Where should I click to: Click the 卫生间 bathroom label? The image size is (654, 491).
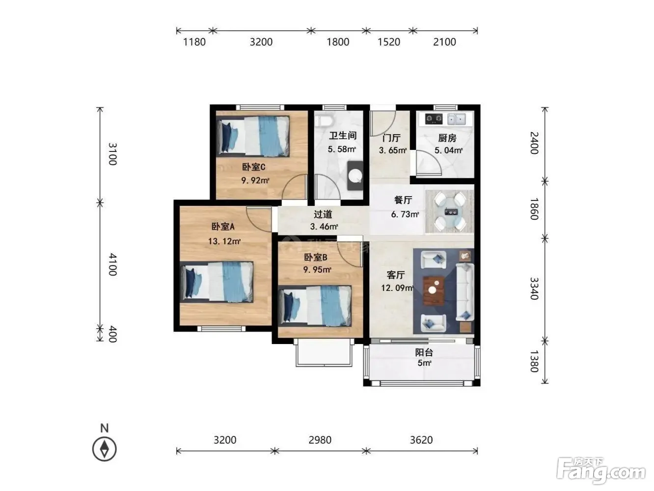point(343,136)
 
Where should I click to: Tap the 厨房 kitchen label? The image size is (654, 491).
point(447,138)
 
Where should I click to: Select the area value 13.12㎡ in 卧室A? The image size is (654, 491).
point(224,241)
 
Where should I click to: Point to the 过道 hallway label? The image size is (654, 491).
point(323,214)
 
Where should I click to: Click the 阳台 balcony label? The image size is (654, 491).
point(424,352)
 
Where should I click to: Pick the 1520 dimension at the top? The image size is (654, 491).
point(389,42)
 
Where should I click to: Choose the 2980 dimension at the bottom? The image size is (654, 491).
point(320,440)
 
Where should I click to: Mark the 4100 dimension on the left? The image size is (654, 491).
point(112,264)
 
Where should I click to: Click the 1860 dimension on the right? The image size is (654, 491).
point(534,209)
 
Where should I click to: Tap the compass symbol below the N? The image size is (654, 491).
point(104,449)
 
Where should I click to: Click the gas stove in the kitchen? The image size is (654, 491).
point(433,119)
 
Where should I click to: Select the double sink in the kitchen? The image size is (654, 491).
point(456,119)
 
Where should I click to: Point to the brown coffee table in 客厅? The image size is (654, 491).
point(434,291)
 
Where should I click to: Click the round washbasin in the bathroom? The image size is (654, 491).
point(355,175)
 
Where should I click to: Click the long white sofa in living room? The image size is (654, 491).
point(465,292)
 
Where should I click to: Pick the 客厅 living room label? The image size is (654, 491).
point(396,275)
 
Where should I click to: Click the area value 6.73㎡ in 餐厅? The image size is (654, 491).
point(405,214)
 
